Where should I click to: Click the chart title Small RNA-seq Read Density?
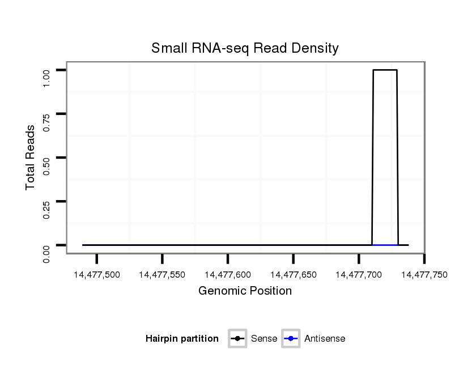[245, 48]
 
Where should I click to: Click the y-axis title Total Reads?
[31, 157]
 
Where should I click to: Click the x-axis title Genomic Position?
[245, 291]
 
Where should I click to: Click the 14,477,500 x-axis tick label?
[97, 275]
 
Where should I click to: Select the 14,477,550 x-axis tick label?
[162, 275]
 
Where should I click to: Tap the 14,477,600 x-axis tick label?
[228, 275]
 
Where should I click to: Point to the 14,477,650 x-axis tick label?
[293, 275]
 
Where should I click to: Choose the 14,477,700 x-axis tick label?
[359, 275]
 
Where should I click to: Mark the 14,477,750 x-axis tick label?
[424, 275]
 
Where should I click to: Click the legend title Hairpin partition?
[182, 339]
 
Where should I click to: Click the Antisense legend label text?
[325, 339]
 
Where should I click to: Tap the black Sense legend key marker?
[237, 339]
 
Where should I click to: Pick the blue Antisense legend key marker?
[290, 339]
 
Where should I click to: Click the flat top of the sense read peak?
[385, 70]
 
